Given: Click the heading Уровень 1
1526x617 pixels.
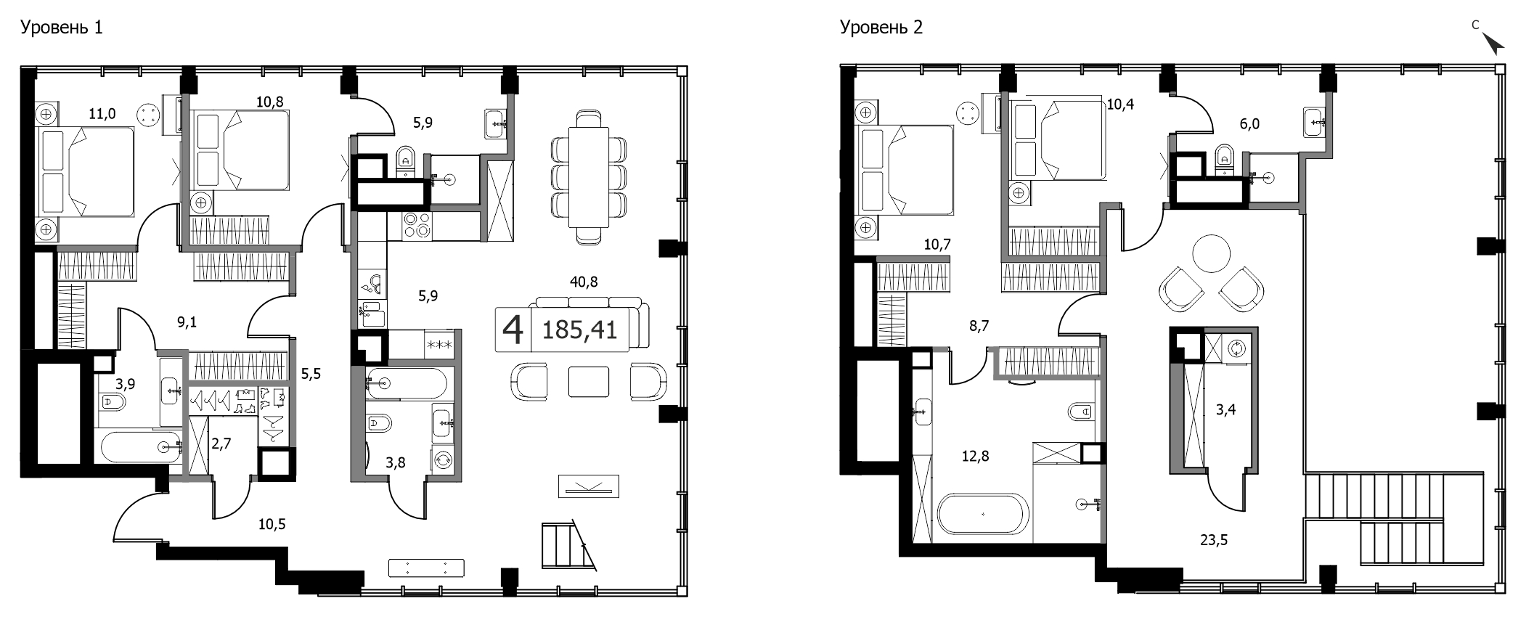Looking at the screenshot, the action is coord(62,28).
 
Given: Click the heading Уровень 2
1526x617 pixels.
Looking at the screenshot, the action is coord(881,28).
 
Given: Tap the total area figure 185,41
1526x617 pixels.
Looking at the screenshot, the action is coord(580,330).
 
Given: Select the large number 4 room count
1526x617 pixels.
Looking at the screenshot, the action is coord(513,330).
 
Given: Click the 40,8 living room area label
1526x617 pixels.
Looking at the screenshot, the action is coord(584,282).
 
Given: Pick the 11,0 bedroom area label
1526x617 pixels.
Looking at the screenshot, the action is coord(102,113).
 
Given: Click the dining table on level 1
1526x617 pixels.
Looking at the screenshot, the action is coord(588,176).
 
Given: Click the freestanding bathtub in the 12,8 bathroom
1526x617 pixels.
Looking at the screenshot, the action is coord(983,515).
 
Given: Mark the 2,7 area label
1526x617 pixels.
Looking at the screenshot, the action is coord(221,444).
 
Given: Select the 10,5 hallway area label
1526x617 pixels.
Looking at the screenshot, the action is coord(272,524).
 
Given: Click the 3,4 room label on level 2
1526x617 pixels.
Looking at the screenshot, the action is coord(1225,410).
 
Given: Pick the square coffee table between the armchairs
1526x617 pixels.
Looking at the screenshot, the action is coord(589,382).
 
